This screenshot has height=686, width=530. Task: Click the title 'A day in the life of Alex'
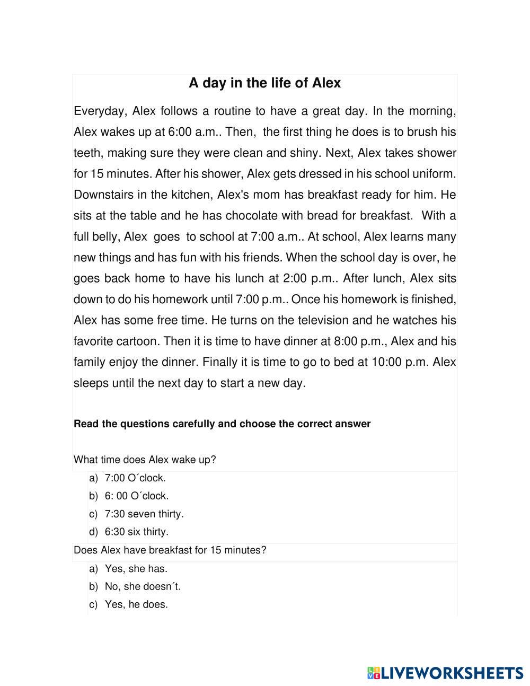click(264, 83)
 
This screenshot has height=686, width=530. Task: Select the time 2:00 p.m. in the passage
click(313, 278)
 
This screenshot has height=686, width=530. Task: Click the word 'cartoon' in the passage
click(137, 341)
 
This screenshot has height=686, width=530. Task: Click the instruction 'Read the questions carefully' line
click(222, 424)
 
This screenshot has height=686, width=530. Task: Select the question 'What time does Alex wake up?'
click(145, 460)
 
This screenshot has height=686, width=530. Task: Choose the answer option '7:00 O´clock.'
click(135, 478)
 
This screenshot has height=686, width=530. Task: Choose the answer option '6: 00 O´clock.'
click(137, 496)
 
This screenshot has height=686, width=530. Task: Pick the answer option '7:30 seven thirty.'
click(144, 514)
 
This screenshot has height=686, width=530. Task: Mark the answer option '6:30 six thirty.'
click(137, 532)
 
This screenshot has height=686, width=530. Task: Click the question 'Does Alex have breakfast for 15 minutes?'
click(170, 550)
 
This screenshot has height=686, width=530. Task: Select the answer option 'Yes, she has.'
click(136, 569)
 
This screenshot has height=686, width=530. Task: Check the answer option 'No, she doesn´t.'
click(143, 587)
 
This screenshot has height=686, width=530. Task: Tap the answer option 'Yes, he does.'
click(136, 604)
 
